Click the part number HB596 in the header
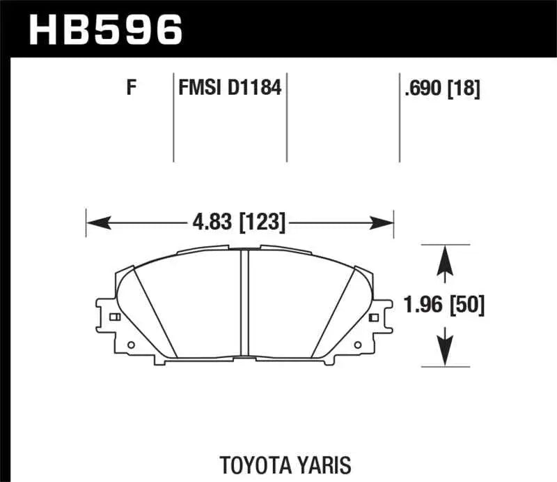104,29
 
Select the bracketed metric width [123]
262,223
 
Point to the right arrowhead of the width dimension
384,223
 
